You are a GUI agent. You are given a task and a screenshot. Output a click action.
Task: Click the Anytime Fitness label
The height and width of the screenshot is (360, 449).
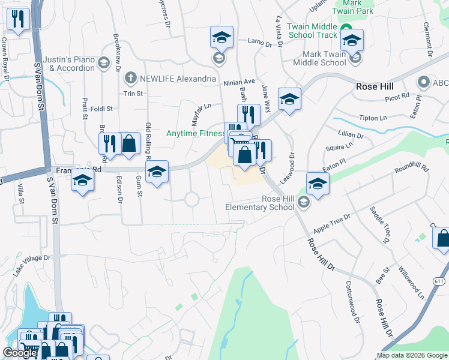(x=194, y=133)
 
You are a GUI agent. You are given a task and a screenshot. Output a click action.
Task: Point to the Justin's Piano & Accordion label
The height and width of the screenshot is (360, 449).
(x=72, y=64)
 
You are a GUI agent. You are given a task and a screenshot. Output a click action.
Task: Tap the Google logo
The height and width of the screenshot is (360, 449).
(x=20, y=353)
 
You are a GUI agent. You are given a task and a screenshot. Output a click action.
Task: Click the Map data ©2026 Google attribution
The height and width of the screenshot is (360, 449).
(x=411, y=355)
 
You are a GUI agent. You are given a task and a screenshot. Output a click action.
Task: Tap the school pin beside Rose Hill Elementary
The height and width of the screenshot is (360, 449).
(x=318, y=184)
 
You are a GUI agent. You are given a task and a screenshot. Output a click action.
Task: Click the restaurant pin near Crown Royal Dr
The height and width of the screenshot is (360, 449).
(x=19, y=20)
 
